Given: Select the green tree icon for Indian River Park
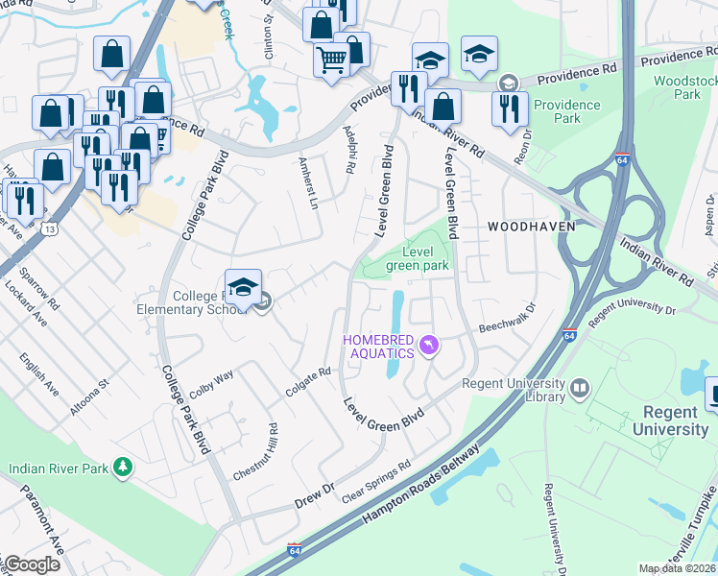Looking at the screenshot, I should pyautogui.click(x=122, y=468).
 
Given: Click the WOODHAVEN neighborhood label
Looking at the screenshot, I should pyautogui.click(x=531, y=226).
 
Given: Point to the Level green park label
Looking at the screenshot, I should pyautogui.click(x=418, y=258).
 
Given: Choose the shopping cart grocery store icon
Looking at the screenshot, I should pyautogui.click(x=331, y=60).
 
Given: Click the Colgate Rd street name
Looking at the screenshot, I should pyautogui.click(x=308, y=382).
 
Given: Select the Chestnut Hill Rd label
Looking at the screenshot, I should pyautogui.click(x=254, y=452).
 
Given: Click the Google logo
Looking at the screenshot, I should pyautogui.click(x=31, y=564).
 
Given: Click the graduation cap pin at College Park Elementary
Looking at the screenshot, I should pyautogui.click(x=244, y=285).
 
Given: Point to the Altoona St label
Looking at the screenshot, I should pyautogui.click(x=89, y=396).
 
